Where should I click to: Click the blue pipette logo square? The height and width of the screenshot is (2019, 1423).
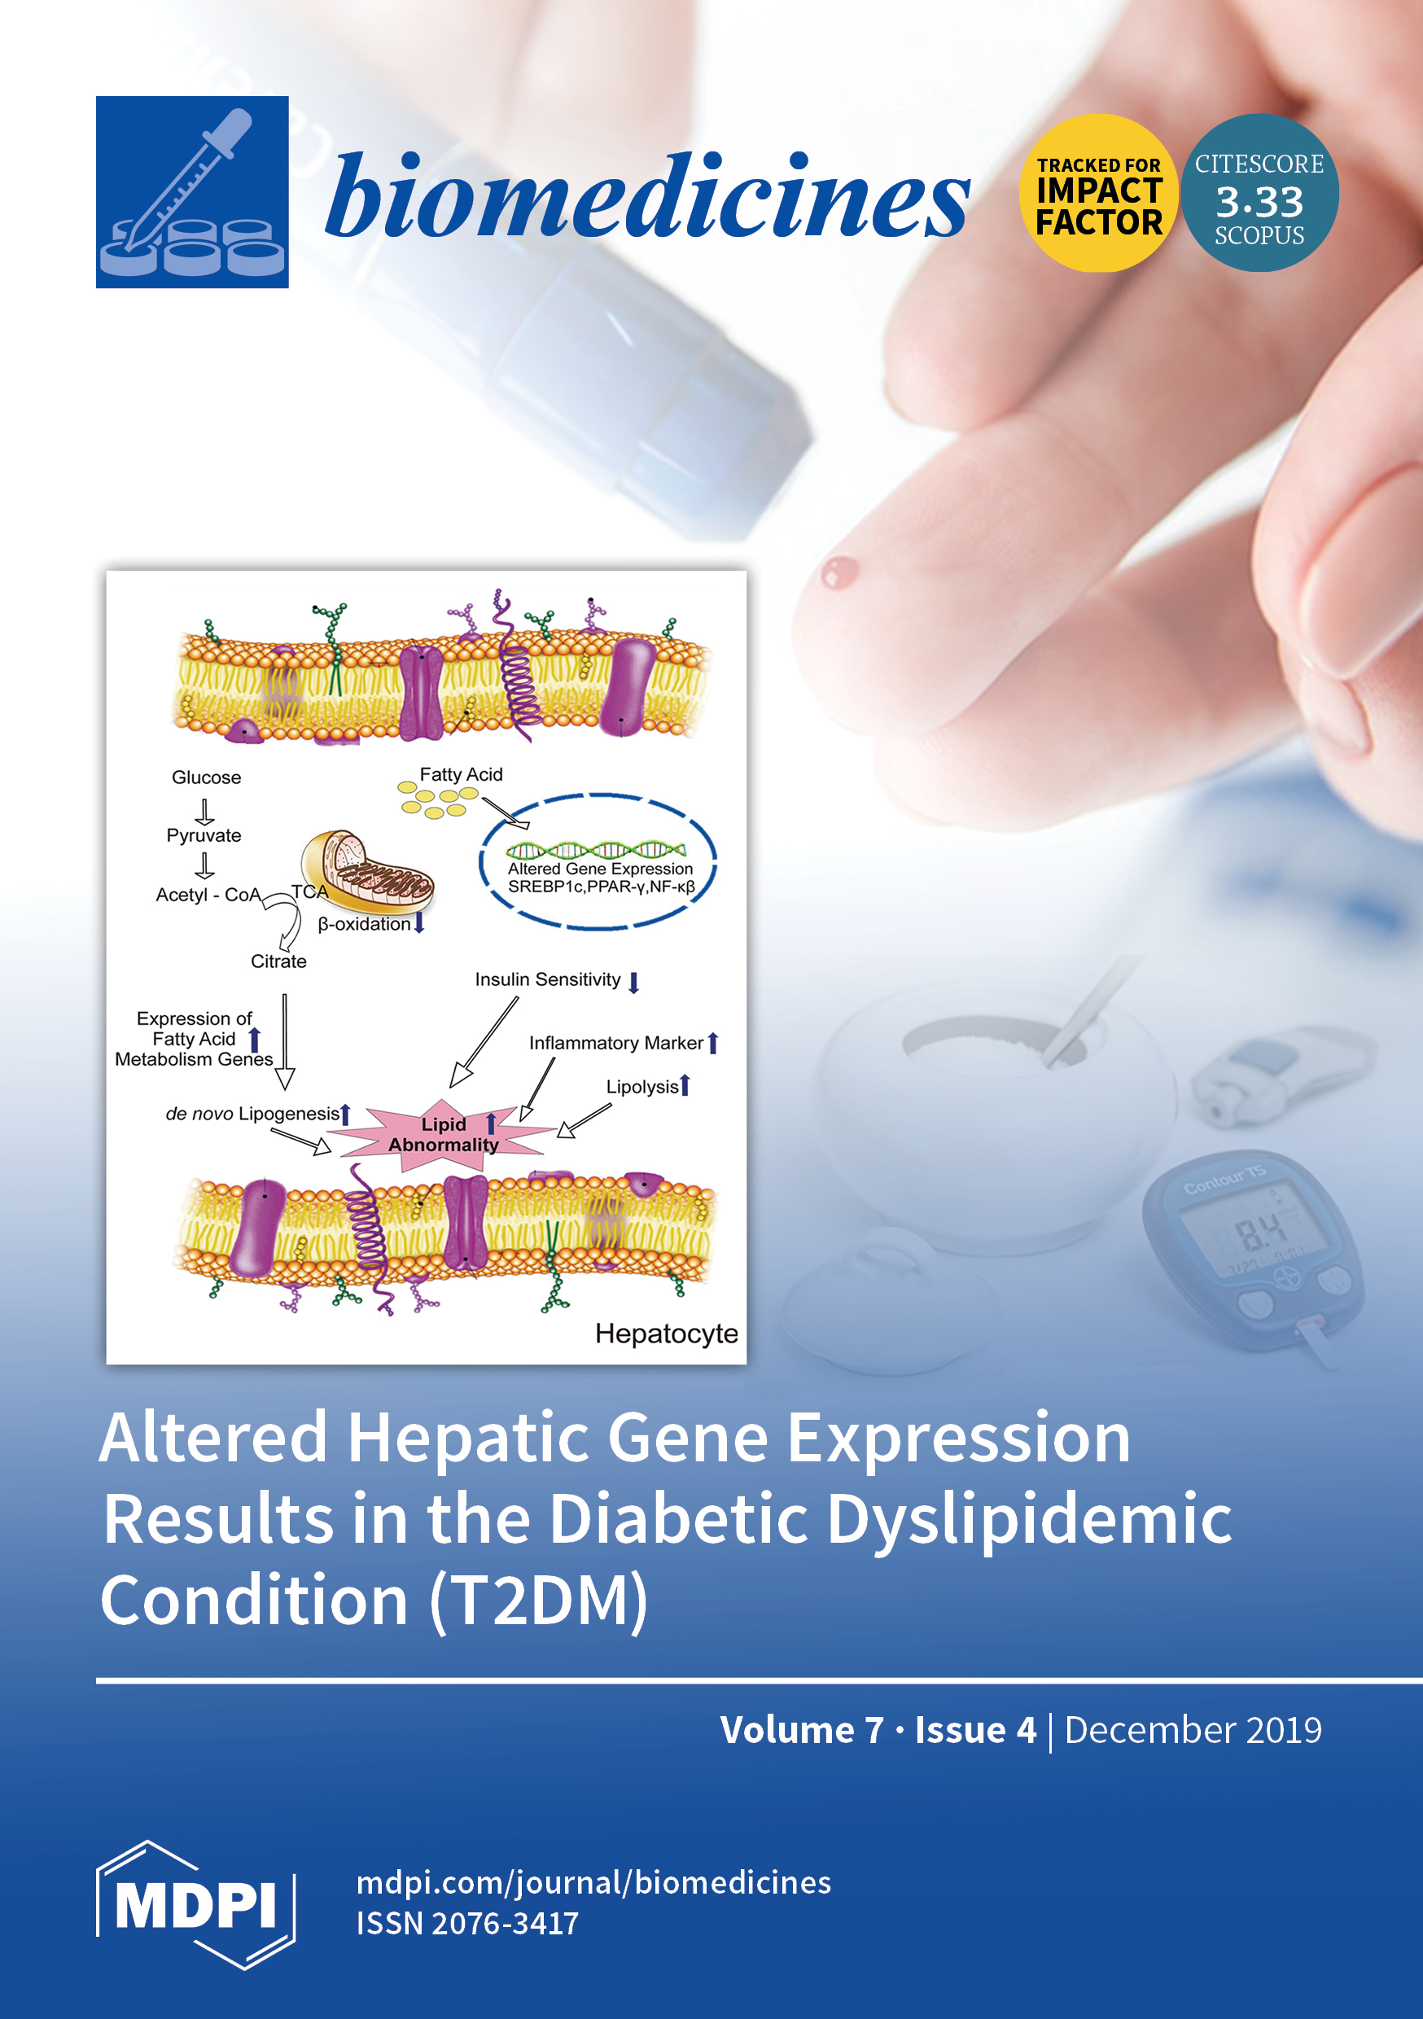192,191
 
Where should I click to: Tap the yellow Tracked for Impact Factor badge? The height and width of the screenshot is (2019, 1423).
1098,193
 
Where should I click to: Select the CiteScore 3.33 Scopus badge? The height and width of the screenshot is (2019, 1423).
1259,193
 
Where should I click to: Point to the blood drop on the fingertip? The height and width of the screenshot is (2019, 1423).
839,572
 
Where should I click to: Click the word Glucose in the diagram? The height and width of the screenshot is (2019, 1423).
207,777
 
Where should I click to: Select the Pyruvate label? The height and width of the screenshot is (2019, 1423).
204,835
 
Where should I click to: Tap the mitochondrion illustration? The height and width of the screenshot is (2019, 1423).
367,872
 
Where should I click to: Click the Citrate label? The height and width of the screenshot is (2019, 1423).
278,961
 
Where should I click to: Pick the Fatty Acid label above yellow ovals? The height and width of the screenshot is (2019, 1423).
461,775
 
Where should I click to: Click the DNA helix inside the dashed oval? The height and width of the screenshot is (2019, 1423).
595,849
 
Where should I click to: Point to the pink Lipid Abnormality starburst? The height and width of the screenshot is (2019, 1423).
444,1134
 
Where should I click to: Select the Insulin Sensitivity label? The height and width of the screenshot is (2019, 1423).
548,979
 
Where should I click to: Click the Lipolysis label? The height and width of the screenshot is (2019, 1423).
642,1087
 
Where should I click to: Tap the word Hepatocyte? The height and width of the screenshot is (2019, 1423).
667,1334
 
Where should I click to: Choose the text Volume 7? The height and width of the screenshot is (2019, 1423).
802,1731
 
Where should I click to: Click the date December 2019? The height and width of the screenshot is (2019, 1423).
1193,1731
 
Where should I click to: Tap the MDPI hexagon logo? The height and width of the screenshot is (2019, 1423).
195,1905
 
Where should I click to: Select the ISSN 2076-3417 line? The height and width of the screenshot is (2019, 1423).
468,1923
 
